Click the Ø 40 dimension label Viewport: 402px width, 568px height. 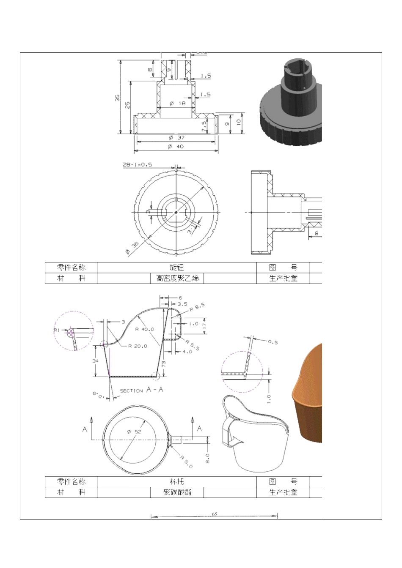[176, 147]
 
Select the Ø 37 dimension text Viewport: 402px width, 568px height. [176, 137]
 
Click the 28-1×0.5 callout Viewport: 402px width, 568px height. [138, 164]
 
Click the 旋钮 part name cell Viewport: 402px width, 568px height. [177, 268]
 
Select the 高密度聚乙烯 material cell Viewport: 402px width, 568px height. [177, 278]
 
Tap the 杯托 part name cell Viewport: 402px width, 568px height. [177, 481]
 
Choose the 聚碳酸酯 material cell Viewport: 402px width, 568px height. [177, 492]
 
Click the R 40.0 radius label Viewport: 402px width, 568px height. [145, 329]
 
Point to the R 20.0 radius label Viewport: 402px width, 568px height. [138, 346]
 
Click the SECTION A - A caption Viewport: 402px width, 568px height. [142, 390]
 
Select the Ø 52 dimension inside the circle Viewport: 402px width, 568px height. [134, 431]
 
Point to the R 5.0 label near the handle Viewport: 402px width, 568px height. [186, 461]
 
